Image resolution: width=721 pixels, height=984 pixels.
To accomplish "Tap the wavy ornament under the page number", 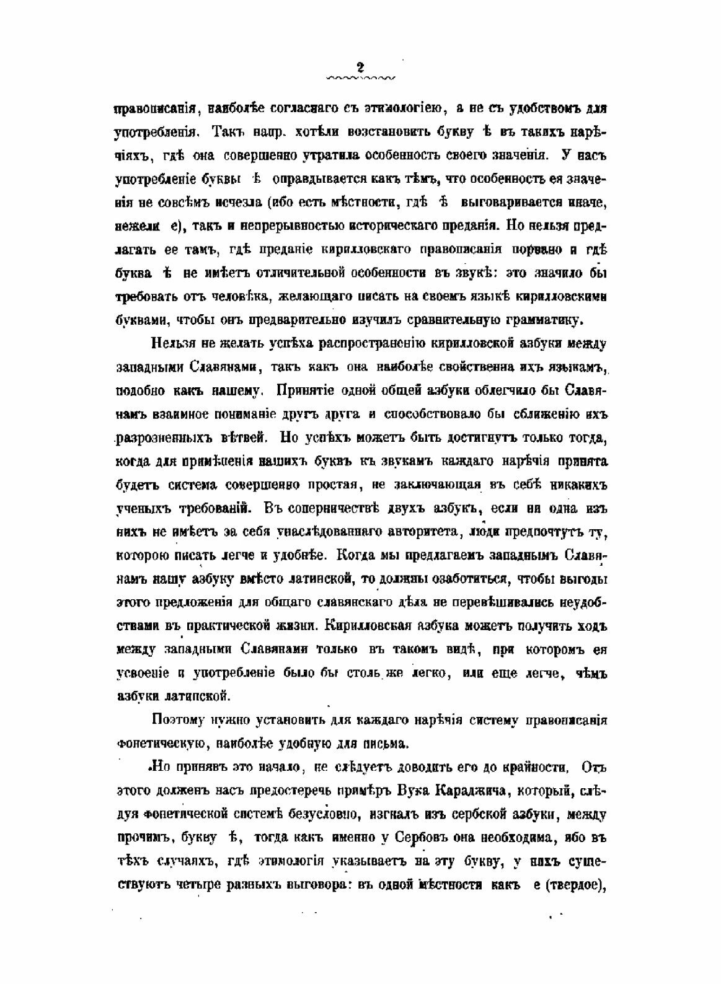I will [x=360, y=79].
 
